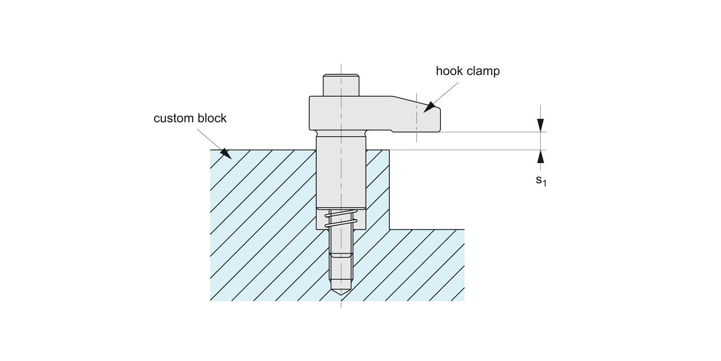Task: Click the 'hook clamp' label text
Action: (x=467, y=71)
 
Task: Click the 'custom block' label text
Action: (x=190, y=118)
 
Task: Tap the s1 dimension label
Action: (x=541, y=181)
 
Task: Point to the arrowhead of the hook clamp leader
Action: (x=429, y=107)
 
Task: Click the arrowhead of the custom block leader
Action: (x=225, y=154)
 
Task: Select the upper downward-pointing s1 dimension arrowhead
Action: (x=541, y=125)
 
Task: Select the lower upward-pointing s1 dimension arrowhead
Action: (x=541, y=156)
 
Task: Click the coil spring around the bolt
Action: (x=341, y=219)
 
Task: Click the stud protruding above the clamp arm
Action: (x=341, y=85)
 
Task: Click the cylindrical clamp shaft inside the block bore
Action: (x=341, y=173)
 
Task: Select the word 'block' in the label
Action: (x=210, y=118)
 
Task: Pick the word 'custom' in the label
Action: (x=172, y=118)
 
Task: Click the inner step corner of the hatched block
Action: (x=389, y=229)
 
